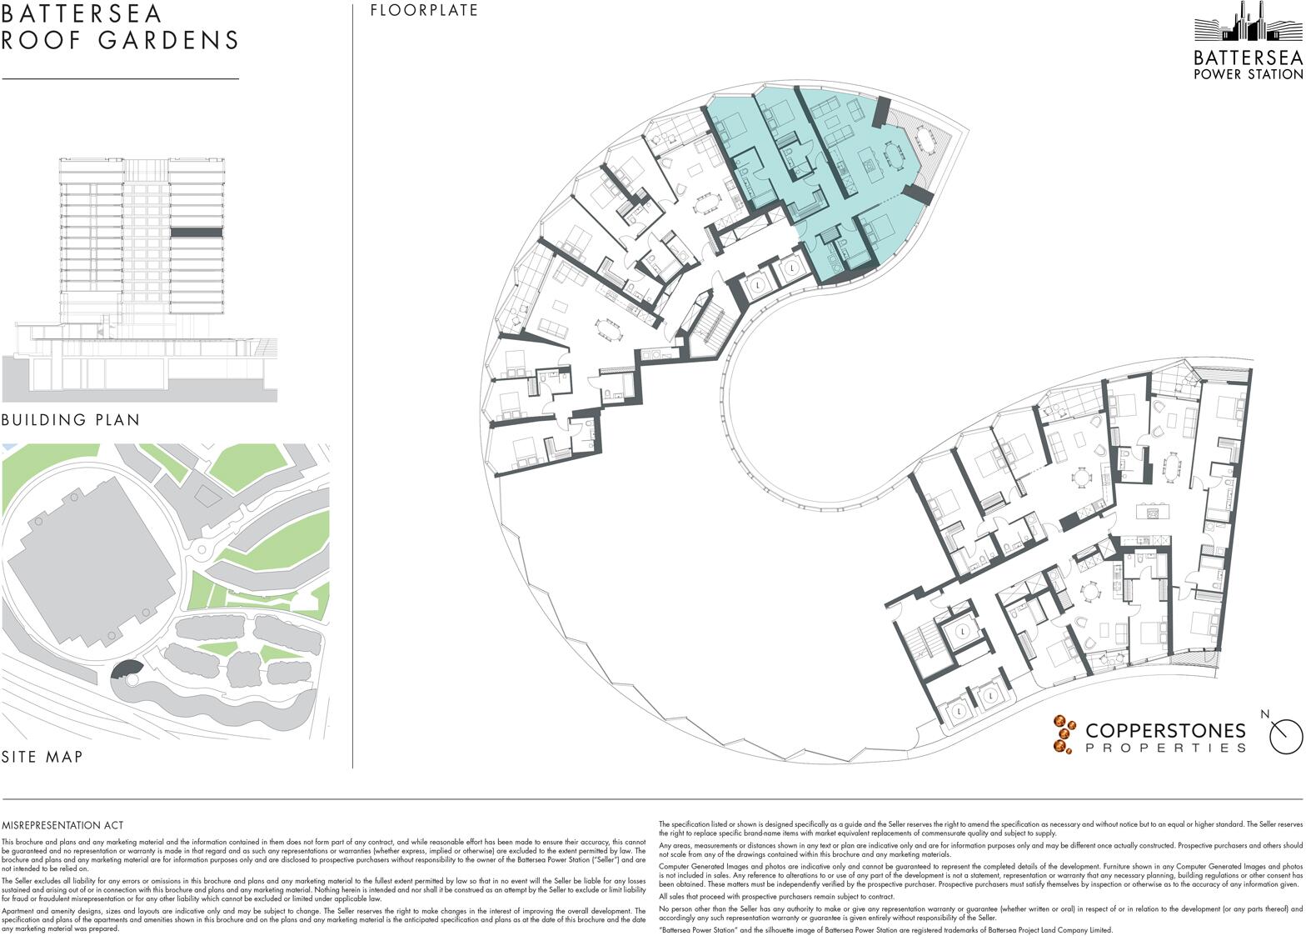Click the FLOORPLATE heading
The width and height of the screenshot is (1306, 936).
pos(424,11)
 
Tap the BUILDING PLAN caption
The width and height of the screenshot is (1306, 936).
pos(71,419)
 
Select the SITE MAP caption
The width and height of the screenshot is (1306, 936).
pos(42,757)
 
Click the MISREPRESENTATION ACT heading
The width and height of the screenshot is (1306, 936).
pos(62,825)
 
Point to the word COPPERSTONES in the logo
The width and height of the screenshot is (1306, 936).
pos(1165,731)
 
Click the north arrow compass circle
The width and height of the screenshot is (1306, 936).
pos(1285,736)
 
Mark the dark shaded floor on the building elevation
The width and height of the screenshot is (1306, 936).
pos(197,234)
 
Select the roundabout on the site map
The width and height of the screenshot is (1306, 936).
pos(200,549)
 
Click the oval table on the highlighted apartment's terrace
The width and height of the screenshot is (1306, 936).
pos(925,137)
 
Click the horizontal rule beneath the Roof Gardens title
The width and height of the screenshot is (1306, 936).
pos(120,78)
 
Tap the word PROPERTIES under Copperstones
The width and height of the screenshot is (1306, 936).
pos(1165,748)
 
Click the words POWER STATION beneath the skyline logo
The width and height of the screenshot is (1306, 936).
pos(1248,74)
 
